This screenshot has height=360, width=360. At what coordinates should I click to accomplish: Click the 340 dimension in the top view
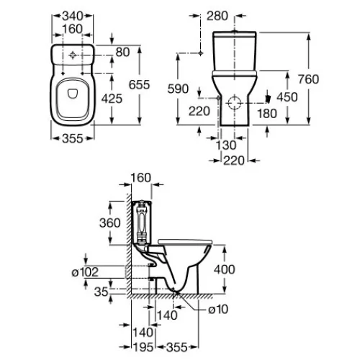(x=73, y=17)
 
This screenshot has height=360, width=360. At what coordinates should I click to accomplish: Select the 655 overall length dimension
(x=139, y=84)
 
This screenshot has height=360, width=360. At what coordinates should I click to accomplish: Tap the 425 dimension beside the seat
(x=112, y=99)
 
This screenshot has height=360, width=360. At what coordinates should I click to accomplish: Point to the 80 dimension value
(x=122, y=52)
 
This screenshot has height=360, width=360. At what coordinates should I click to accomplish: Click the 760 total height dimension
(x=309, y=79)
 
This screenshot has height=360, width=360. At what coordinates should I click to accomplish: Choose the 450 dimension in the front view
(x=287, y=97)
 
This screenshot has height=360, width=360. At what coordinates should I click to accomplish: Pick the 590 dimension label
(x=178, y=89)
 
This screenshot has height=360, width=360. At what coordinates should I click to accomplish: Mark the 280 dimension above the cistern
(x=217, y=16)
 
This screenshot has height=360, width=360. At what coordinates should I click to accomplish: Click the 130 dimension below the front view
(x=226, y=145)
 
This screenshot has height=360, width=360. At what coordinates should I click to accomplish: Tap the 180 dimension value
(x=267, y=113)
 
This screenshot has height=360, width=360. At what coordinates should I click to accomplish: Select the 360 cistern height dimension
(x=110, y=223)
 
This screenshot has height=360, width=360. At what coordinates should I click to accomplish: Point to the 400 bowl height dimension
(x=225, y=269)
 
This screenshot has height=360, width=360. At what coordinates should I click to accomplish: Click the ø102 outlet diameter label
(x=85, y=272)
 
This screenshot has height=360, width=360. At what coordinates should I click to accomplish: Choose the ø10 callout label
(x=218, y=309)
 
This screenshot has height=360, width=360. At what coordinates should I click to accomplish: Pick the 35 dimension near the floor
(x=102, y=292)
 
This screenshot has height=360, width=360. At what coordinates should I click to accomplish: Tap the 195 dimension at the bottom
(x=143, y=347)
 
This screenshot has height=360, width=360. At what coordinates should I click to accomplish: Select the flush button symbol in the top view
(x=72, y=55)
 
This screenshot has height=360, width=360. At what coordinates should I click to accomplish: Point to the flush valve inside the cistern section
(x=142, y=222)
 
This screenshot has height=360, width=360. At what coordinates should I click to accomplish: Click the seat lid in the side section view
(x=185, y=241)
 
